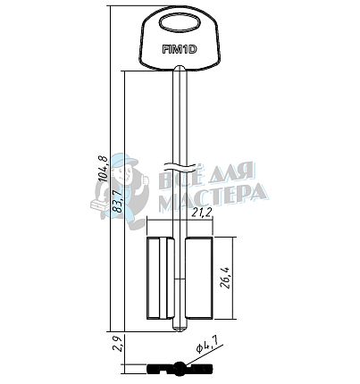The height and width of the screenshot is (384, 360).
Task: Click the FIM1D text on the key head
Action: click(x=180, y=49)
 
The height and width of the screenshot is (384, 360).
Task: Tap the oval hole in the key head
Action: click(x=180, y=23)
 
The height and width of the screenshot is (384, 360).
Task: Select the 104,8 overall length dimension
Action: click(x=103, y=169)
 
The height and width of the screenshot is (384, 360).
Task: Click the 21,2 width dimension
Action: click(x=202, y=212)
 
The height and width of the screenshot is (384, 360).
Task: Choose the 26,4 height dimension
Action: click(x=225, y=279)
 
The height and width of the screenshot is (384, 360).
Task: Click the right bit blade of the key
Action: click(x=199, y=279)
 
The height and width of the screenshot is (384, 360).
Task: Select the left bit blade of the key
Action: click(x=160, y=279)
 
